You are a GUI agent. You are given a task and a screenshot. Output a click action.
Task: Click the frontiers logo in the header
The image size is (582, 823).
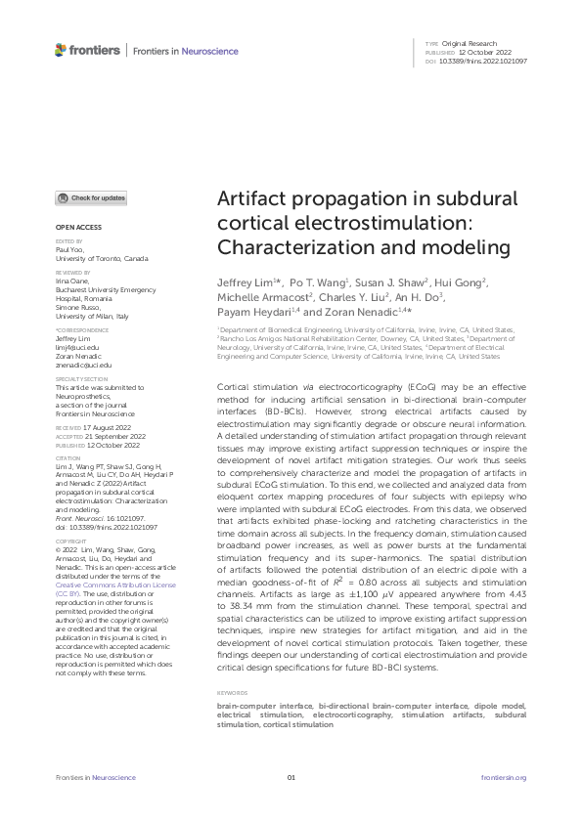click(88, 50)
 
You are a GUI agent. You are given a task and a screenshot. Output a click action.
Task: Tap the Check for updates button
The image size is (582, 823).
click(91, 198)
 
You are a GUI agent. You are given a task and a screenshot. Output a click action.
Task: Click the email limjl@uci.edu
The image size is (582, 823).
click(73, 347)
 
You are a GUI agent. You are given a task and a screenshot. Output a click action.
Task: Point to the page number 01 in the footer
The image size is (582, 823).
click(291, 778)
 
